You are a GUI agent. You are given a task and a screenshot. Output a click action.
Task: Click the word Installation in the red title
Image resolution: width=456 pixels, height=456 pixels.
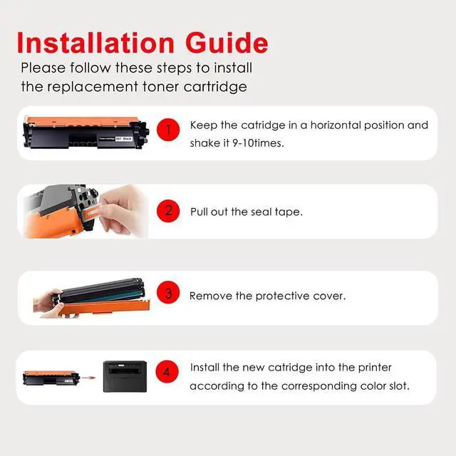pos(95,43)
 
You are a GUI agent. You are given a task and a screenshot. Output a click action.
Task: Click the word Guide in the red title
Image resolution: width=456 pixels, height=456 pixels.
pos(227,43)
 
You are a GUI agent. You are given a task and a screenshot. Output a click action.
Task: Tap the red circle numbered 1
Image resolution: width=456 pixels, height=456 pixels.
pos(168,130)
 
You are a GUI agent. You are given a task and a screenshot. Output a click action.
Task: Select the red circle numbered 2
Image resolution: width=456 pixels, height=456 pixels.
pos(168,211)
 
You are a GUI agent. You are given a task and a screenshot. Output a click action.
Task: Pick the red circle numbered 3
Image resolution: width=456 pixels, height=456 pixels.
pos(168,292)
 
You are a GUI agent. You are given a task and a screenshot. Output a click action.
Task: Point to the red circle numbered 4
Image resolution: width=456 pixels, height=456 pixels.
pos(167,371)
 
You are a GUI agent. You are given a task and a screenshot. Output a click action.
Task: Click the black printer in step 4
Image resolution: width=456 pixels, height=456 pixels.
pos(125,376)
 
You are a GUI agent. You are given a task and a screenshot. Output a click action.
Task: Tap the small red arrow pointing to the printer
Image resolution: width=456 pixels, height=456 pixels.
pos(88,378)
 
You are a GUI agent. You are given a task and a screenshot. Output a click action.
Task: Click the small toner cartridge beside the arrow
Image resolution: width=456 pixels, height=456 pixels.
pos(51,378)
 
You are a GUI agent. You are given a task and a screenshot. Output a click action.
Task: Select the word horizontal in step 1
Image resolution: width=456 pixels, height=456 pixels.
pos(336,125)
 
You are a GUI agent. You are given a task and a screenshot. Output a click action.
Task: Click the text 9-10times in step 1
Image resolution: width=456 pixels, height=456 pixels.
pos(258,143)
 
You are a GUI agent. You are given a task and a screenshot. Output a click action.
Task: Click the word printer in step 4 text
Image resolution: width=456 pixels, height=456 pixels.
pos(375,368)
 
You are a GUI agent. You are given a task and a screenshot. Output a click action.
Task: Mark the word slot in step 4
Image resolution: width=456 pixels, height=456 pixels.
pos(399,386)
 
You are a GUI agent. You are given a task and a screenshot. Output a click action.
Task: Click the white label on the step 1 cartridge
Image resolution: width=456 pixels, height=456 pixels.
pos(115,139)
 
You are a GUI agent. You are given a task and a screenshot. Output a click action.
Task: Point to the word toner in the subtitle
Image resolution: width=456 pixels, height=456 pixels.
pos(160,87)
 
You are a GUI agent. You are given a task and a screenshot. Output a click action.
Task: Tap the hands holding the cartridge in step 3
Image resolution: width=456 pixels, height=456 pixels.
pos(50,304)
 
